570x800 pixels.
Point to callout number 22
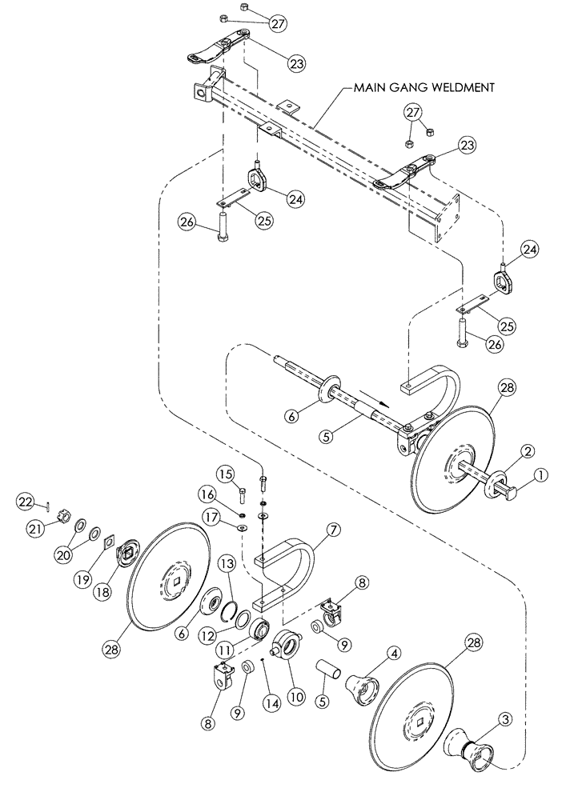click(x=26, y=501)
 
